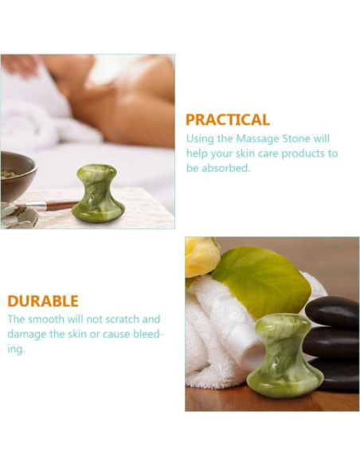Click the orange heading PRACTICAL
227,120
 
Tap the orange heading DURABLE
43,302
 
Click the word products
301,154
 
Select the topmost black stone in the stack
333,312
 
